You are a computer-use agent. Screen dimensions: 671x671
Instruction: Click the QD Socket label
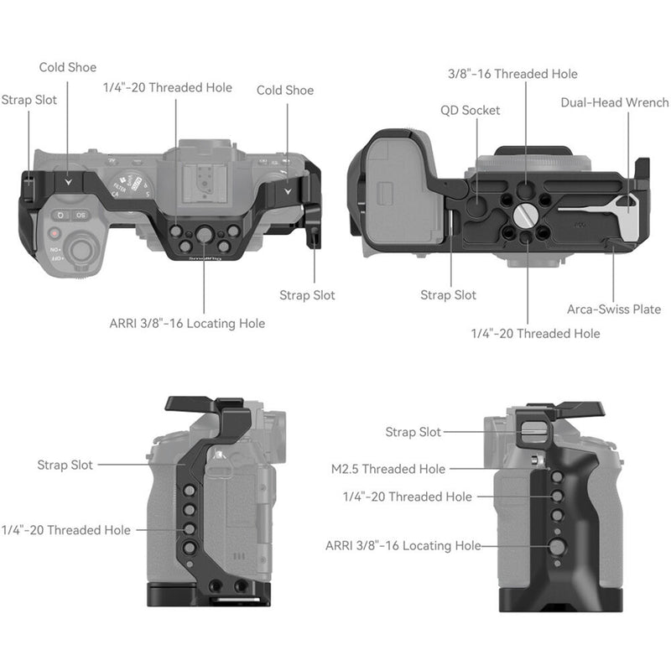470,110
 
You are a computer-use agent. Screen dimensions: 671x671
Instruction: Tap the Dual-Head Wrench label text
615,102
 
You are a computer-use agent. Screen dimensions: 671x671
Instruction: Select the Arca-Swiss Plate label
613,309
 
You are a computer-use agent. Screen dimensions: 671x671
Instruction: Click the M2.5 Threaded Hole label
388,469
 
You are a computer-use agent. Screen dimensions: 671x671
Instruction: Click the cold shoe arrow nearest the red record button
68,178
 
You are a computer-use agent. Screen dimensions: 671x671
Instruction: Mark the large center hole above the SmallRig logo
202,236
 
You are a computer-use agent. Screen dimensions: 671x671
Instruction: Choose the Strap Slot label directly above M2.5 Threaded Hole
413,432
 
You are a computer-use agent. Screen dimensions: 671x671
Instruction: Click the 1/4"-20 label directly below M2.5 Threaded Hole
407,497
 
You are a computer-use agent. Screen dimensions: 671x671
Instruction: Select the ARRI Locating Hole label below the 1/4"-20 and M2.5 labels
403,546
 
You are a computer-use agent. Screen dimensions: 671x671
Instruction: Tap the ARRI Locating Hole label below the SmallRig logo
187,323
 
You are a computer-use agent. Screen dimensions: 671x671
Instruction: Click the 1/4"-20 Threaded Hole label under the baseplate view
535,333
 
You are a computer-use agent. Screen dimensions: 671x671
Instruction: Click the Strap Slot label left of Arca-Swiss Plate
448,295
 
